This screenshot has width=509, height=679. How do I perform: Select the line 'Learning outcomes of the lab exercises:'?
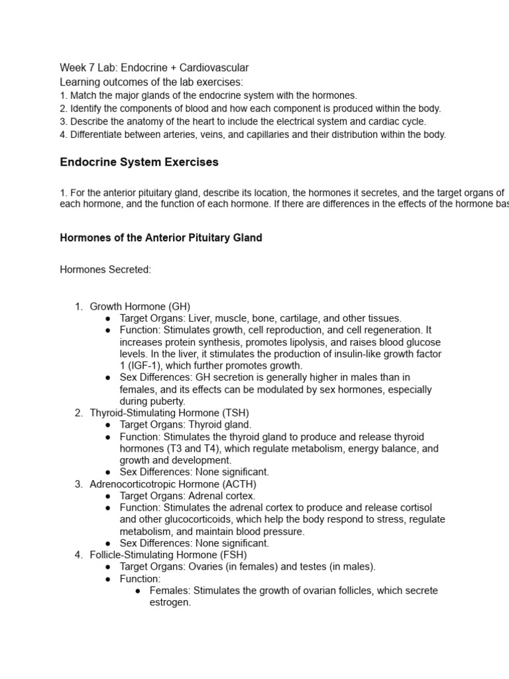click(x=151, y=82)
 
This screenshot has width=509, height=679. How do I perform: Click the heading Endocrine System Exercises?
click(x=139, y=162)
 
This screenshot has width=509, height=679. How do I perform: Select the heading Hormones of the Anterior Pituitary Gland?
click(x=161, y=237)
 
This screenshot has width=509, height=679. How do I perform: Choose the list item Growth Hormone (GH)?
click(x=140, y=306)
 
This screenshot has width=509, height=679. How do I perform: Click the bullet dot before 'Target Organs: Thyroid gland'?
click(x=107, y=425)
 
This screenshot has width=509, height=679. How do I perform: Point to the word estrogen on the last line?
click(x=170, y=603)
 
